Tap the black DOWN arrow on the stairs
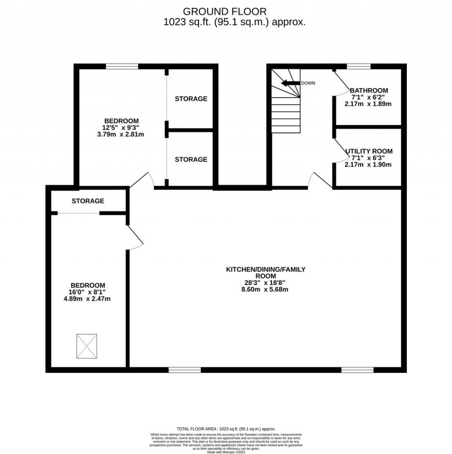290,83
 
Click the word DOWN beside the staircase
308,83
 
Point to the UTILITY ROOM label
369,151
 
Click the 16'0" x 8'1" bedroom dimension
87,292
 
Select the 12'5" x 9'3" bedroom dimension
121,128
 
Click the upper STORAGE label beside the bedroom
191,99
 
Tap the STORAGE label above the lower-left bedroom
88,201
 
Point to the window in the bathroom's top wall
358,67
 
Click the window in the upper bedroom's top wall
122,67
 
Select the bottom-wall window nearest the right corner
357,370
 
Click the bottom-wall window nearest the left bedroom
185,370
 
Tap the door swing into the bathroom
340,84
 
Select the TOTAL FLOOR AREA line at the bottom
226,428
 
